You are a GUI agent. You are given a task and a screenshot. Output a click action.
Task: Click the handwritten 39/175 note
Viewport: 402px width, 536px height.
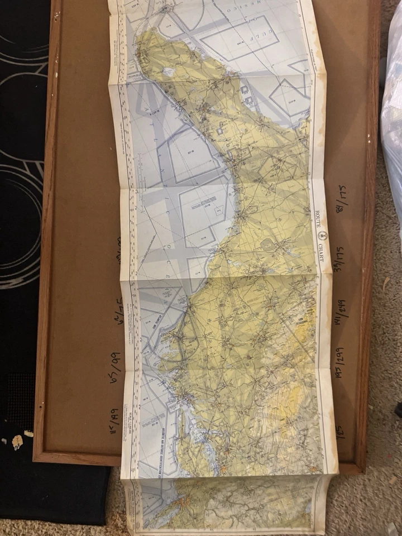pyautogui.click(x=339, y=256)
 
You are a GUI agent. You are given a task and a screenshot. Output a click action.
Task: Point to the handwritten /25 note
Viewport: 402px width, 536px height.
pyautogui.click(x=340, y=430)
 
